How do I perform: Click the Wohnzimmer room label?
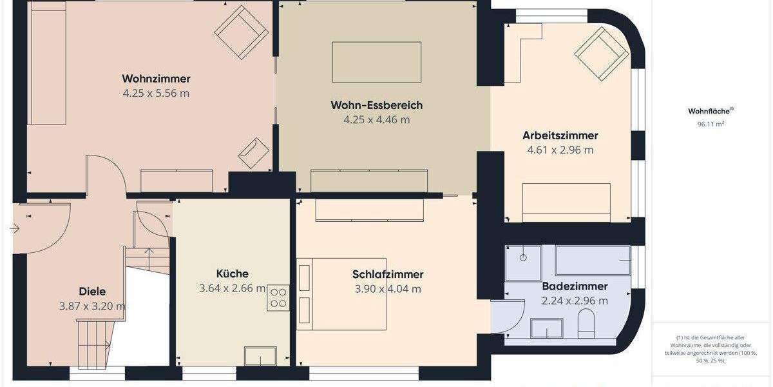click(156, 79)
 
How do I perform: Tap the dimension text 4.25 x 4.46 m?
click(377, 119)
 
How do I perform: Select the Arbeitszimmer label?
click(560, 135)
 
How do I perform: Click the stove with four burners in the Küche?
click(278, 297)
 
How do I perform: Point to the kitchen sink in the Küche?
click(260, 356)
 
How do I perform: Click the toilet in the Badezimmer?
click(586, 324)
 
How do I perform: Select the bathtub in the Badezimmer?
click(593, 260)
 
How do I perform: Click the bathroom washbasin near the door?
click(546, 328)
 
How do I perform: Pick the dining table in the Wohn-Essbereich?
click(377, 62)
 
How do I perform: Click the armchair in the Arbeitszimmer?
click(602, 54)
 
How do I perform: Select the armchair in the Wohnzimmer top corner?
click(242, 32)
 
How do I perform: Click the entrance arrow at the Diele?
click(15, 228)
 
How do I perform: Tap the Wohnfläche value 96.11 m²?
click(711, 124)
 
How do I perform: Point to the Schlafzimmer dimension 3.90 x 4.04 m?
click(388, 289)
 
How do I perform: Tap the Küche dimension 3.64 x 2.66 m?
click(232, 288)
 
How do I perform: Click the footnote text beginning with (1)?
click(711, 349)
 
